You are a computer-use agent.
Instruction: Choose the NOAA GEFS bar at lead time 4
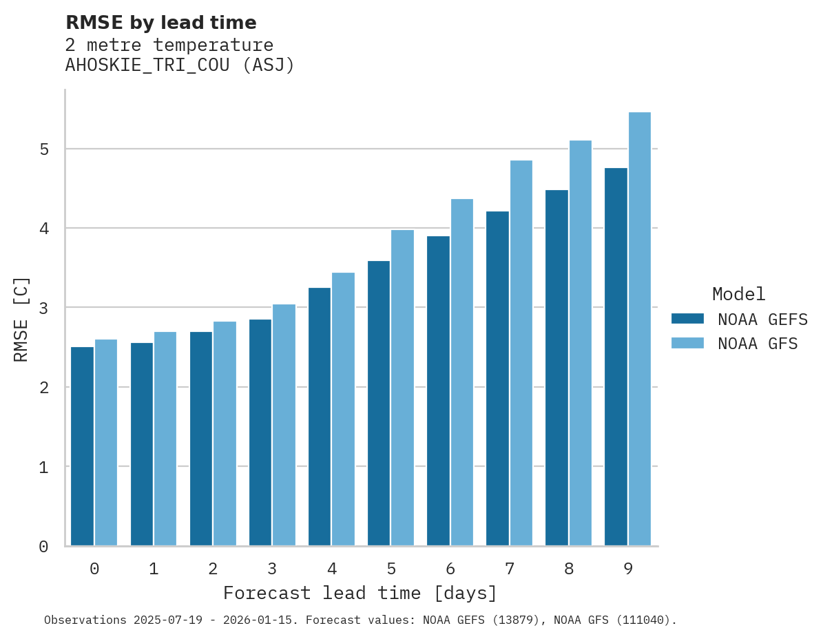320,417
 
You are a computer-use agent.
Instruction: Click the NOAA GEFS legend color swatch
687,319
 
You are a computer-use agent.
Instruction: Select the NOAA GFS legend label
758,344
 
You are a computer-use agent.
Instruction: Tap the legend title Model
738,294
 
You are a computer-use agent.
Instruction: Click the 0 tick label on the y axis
43,547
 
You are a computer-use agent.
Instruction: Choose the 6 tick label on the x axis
450,569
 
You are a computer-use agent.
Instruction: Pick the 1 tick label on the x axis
154,569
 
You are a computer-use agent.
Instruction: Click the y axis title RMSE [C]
22,318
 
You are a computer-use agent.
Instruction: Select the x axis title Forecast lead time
360,593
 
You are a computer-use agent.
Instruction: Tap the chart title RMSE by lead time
160,23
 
